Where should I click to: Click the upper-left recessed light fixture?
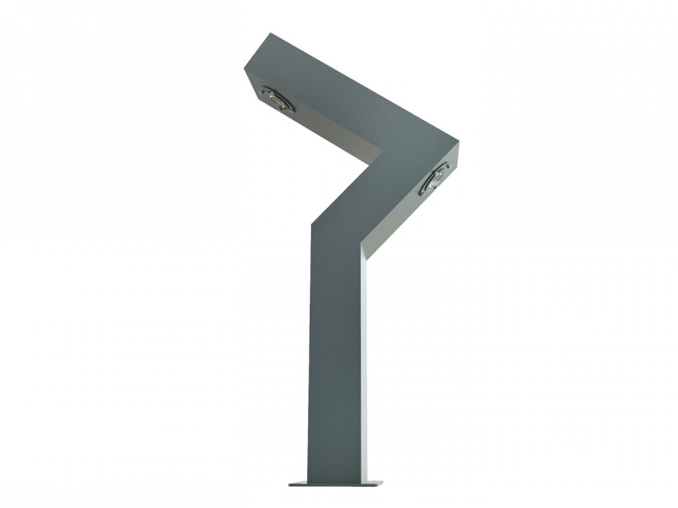(277, 100)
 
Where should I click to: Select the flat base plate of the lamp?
(335, 483)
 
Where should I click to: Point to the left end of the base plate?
(291, 484)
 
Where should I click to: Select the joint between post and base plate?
(336, 480)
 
